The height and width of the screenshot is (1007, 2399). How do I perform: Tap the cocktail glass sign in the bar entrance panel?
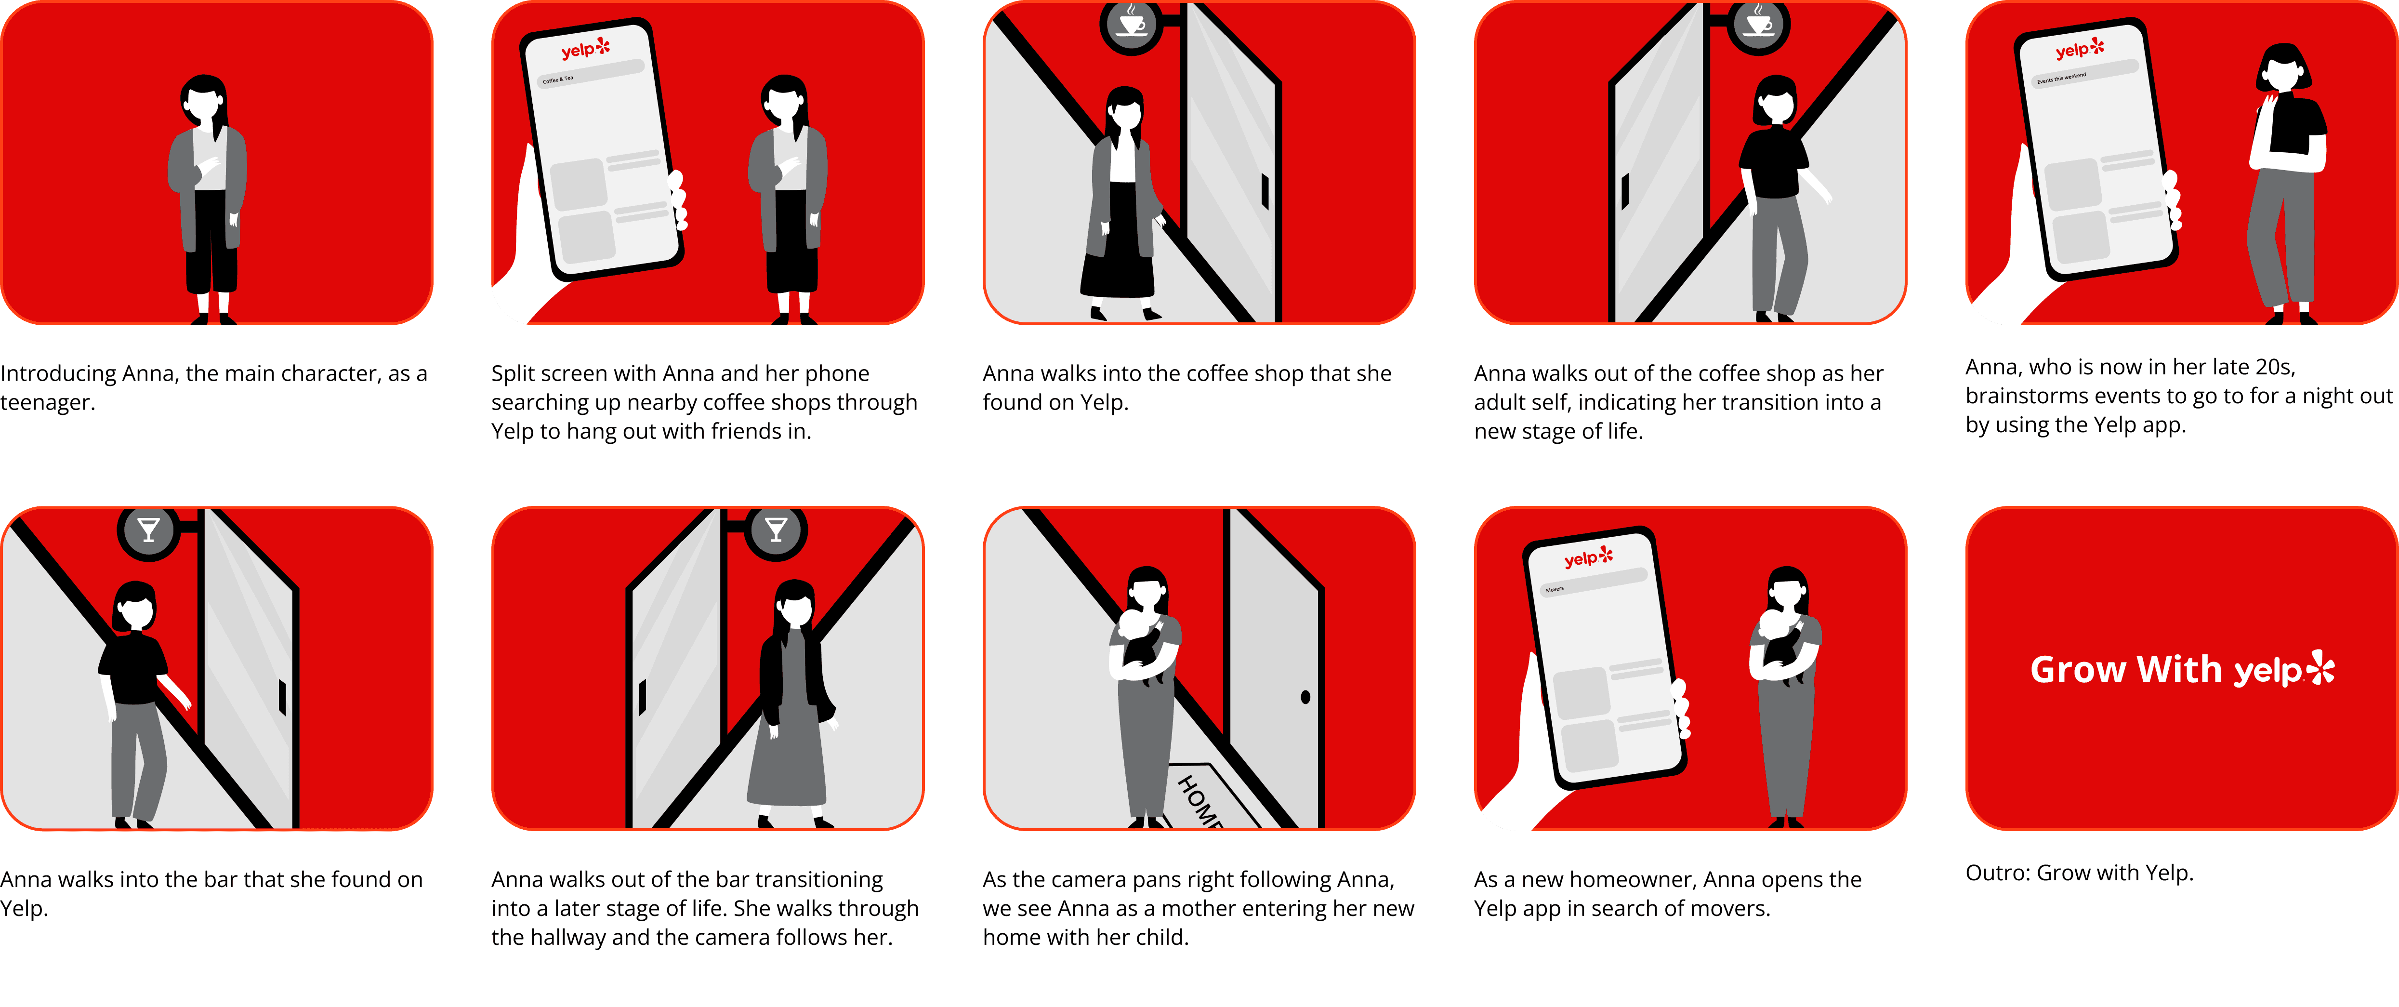coord(148,530)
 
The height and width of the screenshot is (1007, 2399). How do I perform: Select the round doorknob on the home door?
coord(1305,697)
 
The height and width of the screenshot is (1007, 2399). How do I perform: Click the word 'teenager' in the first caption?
coord(47,402)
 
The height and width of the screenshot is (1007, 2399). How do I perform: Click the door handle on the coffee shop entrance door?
coord(1265,191)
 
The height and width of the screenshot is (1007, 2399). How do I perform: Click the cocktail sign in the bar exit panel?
coord(776,530)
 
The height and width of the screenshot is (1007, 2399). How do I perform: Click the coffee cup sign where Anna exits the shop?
coord(1758,22)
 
